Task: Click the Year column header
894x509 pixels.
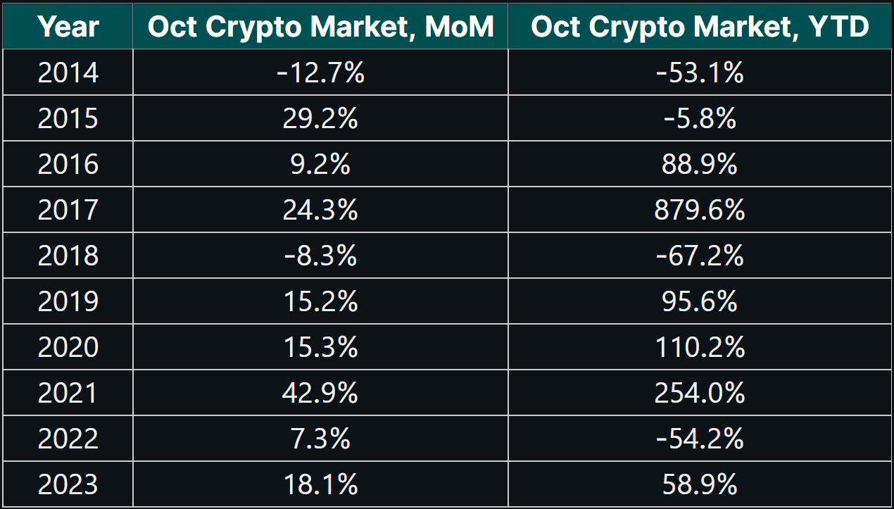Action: pos(68,27)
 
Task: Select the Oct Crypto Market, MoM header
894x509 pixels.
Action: pos(320,27)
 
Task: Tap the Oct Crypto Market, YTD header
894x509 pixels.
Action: pos(700,27)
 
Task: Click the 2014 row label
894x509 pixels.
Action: pos(68,73)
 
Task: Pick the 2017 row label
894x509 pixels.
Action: pos(68,210)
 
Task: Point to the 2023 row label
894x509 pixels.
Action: pos(68,484)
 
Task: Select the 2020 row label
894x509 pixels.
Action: pos(68,347)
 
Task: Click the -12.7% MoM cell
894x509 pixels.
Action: pos(320,73)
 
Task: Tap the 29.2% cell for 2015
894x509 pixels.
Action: pos(320,118)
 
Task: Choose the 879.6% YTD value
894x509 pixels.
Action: pos(700,210)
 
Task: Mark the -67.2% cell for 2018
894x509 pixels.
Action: pos(700,256)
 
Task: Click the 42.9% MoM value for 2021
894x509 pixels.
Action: pos(320,393)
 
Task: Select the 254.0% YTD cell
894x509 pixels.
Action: pos(700,393)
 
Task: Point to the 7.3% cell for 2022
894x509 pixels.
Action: pos(320,439)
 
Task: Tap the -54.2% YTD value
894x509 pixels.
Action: pos(700,439)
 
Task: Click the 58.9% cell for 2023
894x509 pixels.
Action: pos(700,484)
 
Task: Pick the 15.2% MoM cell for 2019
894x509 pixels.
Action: pos(320,301)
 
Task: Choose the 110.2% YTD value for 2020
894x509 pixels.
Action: pos(700,347)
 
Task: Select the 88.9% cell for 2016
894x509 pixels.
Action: pos(700,164)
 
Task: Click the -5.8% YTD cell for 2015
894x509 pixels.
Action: pos(700,118)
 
